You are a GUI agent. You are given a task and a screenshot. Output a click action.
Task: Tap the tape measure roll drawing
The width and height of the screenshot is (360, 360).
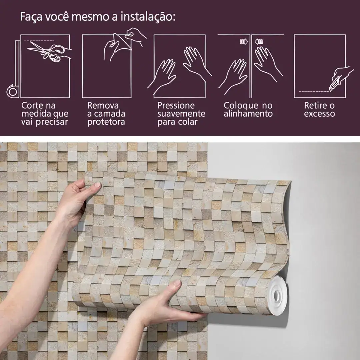12,91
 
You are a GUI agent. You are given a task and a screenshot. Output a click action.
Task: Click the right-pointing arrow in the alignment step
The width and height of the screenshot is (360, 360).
244,42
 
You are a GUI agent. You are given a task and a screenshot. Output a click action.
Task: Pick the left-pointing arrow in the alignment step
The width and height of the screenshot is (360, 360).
259,42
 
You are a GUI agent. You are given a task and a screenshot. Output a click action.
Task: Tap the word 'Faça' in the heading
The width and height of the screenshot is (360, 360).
31,17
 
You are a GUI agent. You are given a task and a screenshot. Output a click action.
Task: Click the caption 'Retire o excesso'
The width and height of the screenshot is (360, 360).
319,110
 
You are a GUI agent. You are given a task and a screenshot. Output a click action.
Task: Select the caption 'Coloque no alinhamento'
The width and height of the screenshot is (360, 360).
248,110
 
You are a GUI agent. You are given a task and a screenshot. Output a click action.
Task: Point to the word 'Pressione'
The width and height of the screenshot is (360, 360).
176,105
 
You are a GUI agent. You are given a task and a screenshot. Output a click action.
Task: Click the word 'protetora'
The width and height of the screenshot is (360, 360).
106,122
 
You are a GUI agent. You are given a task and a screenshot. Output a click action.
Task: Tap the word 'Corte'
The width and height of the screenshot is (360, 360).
32,106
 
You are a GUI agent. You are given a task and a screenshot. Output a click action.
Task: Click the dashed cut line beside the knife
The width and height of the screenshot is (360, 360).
314,91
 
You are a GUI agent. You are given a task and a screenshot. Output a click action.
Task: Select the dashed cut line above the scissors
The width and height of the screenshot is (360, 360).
39,41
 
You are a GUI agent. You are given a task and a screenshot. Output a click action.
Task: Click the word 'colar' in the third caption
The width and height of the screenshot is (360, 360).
187,122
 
